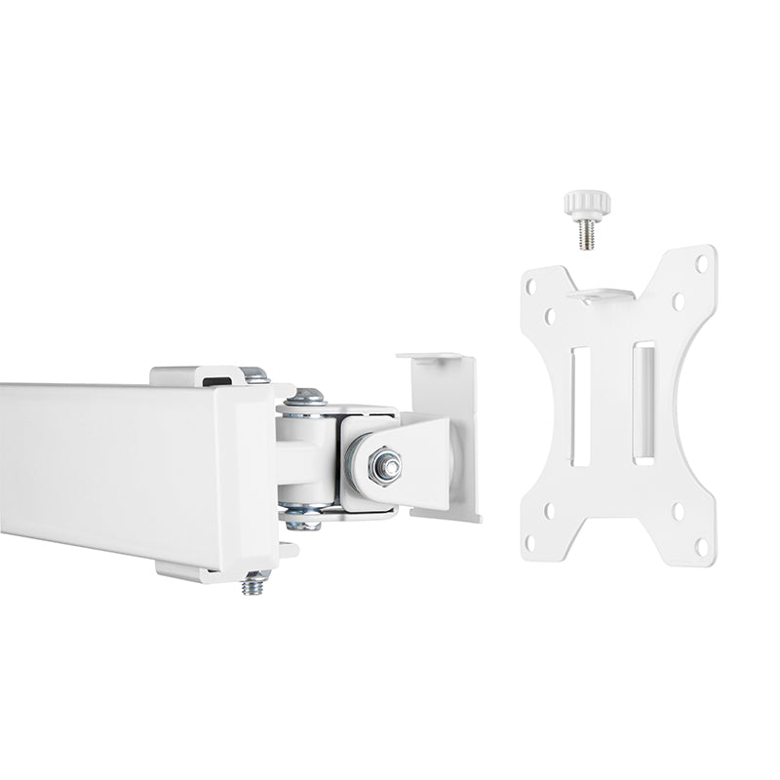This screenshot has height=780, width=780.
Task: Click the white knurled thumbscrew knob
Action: pos(587,204)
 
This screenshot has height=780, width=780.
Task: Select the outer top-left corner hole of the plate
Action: pos(530,288)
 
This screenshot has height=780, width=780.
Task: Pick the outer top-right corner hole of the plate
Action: pos(701,262)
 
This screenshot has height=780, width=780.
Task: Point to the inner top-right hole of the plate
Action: pos(679,301)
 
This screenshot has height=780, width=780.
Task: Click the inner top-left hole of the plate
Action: pos(550,316)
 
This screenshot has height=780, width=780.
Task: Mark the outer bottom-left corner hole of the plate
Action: pos(531,542)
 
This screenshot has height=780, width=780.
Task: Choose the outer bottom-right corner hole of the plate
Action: pos(701,547)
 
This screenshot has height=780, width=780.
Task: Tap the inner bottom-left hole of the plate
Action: pos(549,508)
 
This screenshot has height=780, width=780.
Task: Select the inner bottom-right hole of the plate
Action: pos(678,511)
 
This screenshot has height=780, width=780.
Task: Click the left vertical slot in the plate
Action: pos(579,406)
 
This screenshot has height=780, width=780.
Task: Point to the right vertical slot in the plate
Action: pos(643,401)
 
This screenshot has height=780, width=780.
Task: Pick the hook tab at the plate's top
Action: pos(602,293)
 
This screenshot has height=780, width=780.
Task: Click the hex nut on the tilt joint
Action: pos(386,466)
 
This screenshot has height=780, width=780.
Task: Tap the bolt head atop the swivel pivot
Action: pos(305,396)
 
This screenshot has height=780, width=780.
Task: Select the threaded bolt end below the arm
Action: pos(255,584)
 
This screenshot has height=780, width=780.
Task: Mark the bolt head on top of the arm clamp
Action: pos(254,373)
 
